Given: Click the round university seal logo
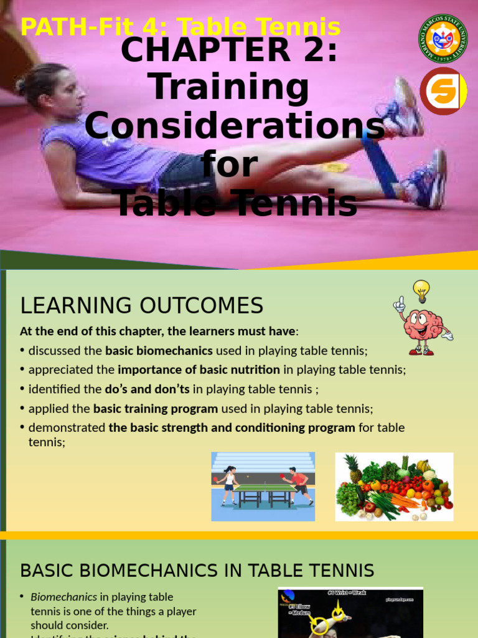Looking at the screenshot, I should click(x=443, y=38).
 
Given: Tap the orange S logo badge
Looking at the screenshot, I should click(x=443, y=91).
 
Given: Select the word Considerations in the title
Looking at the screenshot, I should click(x=234, y=126).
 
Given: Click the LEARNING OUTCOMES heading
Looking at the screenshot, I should click(x=142, y=305).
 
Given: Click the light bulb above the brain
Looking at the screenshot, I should click(x=421, y=290).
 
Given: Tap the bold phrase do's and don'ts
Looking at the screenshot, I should click(x=147, y=389).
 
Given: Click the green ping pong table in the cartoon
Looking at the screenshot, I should click(x=265, y=492).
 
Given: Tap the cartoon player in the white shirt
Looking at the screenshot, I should click(x=228, y=483).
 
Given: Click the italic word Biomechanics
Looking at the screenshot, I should click(x=63, y=597).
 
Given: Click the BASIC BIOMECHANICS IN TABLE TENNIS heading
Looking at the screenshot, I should click(x=197, y=570).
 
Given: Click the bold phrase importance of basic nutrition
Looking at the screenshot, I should click(x=199, y=369).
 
